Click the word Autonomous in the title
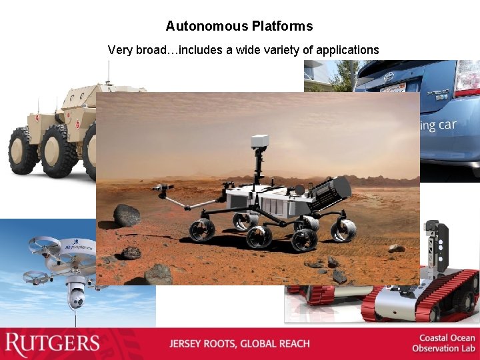(207, 27)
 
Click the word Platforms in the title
(282, 27)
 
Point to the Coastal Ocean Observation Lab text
(443, 343)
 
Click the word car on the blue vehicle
(447, 125)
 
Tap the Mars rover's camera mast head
(259, 141)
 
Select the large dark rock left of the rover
(126, 215)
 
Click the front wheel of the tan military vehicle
(24, 152)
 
